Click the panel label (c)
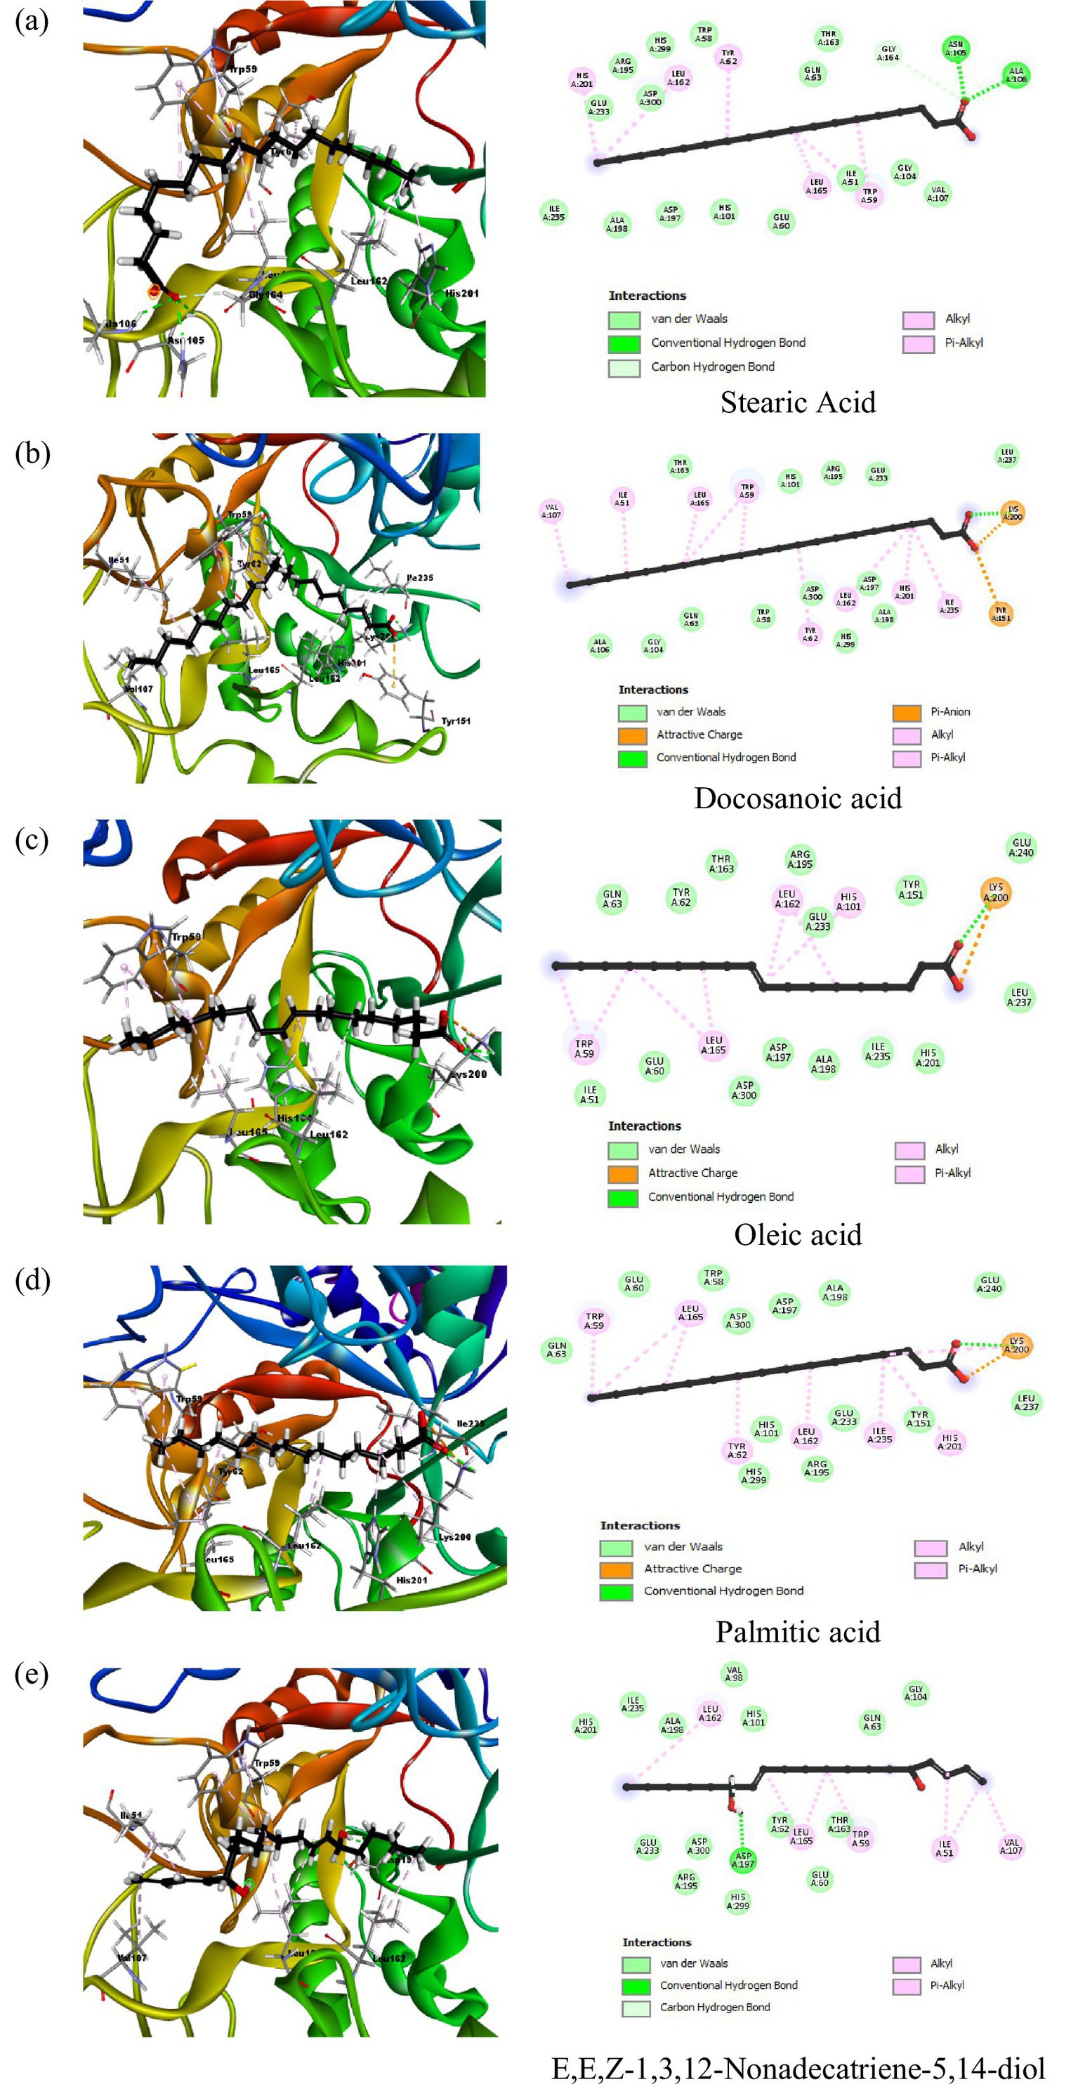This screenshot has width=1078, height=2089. tap(32, 839)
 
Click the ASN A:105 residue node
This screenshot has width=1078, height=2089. tap(956, 49)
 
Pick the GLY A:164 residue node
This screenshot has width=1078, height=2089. tap(888, 53)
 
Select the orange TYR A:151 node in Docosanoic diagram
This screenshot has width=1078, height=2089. tap(1001, 614)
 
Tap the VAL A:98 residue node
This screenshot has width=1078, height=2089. tap(733, 1673)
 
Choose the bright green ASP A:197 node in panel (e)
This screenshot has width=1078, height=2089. tap(743, 1859)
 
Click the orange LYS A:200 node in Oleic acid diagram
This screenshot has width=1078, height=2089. tap(995, 892)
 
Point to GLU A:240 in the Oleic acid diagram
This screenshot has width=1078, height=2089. tap(1020, 847)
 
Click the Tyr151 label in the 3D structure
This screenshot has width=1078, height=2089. tap(455, 720)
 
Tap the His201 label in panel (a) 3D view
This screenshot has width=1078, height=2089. tap(461, 294)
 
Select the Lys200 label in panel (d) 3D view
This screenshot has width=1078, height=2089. tap(454, 1537)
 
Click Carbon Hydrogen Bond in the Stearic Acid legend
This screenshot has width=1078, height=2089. tap(712, 367)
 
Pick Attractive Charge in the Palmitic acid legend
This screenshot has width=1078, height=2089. tap(692, 1569)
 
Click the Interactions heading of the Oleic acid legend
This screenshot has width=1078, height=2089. tap(644, 1126)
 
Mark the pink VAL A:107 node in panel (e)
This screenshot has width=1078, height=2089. tap(1011, 1847)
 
